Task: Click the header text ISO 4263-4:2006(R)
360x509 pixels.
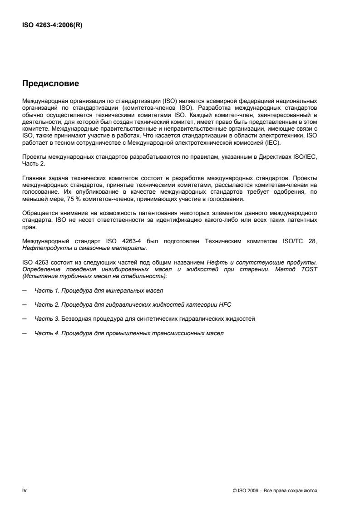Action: (52, 25)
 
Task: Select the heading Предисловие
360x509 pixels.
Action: (51, 83)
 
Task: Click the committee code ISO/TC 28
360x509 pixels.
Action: (309, 241)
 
